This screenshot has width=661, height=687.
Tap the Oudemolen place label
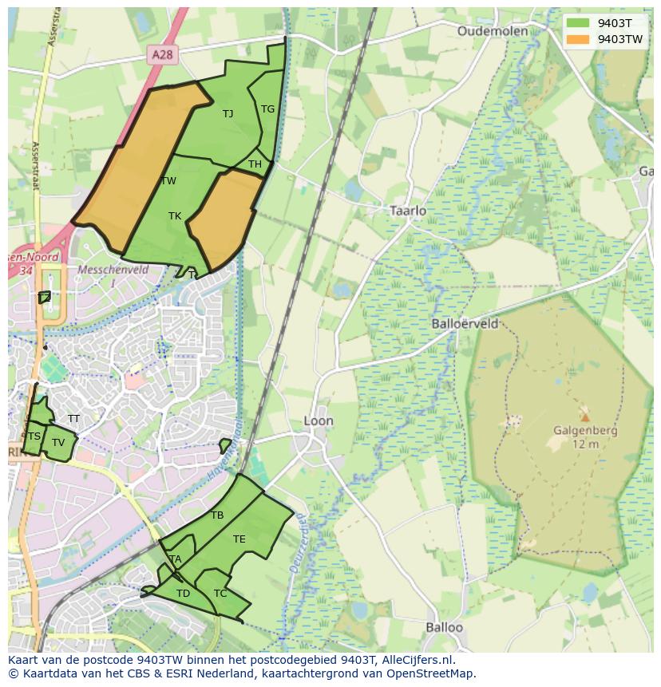(x=493, y=31)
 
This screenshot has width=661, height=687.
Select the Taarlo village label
(x=408, y=211)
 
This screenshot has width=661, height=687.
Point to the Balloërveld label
(x=465, y=324)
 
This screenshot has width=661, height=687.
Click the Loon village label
(x=319, y=420)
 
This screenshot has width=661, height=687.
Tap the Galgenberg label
(x=585, y=431)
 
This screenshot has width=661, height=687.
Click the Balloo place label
(x=444, y=627)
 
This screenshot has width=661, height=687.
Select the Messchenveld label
(x=108, y=270)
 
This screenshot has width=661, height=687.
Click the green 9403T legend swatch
(x=578, y=23)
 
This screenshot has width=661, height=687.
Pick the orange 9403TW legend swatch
(x=578, y=39)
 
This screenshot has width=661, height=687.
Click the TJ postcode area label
(x=228, y=113)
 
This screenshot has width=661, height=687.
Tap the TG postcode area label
(x=267, y=109)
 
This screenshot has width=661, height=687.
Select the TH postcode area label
(x=255, y=164)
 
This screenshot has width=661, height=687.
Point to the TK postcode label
(x=175, y=216)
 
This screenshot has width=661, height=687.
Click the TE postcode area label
(x=239, y=539)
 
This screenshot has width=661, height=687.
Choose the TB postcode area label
(x=217, y=515)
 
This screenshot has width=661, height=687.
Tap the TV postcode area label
(x=58, y=443)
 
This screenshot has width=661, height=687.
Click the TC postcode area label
(x=220, y=594)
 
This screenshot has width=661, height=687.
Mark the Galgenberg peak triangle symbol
(x=585, y=417)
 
